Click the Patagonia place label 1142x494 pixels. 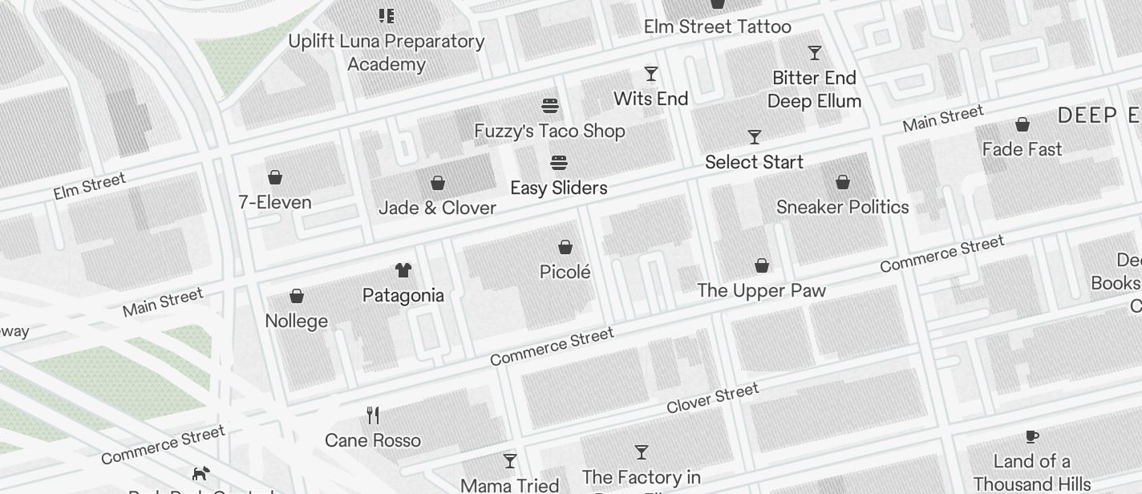(x=403, y=295)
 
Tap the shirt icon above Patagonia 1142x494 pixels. (x=403, y=270)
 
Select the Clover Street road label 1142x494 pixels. (x=712, y=399)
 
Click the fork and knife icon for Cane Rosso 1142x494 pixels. (x=373, y=415)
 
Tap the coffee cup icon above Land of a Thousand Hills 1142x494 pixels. (x=1031, y=436)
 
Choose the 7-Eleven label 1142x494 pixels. (x=275, y=202)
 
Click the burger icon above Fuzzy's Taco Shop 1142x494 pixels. (x=549, y=106)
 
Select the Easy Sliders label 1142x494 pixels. (x=559, y=188)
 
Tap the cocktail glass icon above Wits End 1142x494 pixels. (x=651, y=74)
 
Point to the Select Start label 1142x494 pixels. (x=754, y=162)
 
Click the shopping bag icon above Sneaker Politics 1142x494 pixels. (x=843, y=182)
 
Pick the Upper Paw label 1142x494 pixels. (x=761, y=290)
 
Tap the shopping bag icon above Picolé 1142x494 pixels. (x=565, y=247)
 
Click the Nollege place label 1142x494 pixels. (x=296, y=321)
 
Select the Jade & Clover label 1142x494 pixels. (x=437, y=208)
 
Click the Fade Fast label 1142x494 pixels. (x=1022, y=149)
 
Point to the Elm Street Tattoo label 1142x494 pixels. (x=717, y=26)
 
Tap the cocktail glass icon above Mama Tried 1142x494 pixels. (x=510, y=461)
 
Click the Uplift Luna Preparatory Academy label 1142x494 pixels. (x=386, y=52)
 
